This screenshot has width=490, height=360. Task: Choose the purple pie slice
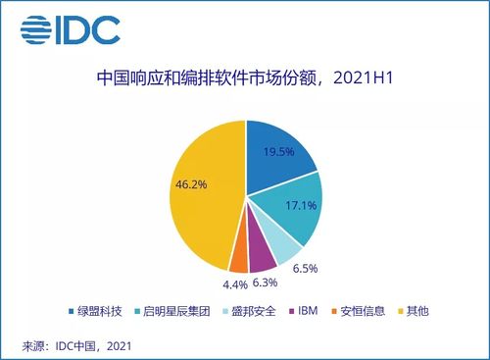tap(262, 257)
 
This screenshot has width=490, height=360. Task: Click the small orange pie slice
tap(238, 259)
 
